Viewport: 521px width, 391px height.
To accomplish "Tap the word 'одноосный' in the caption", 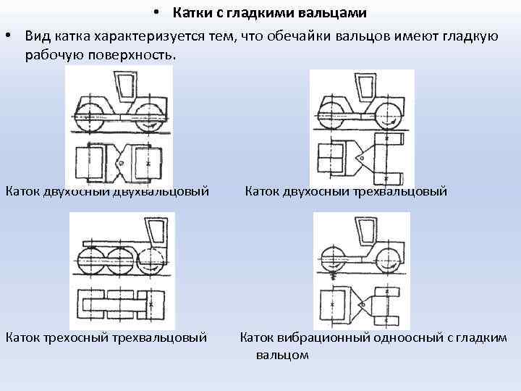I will click(405, 336).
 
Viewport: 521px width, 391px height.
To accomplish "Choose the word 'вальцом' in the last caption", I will click(282, 355).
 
